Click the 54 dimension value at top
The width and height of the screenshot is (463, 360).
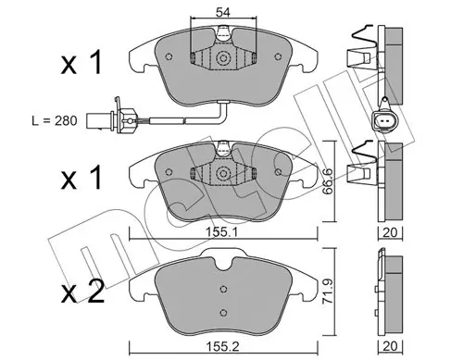[223, 12]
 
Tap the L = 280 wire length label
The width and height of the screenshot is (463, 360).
[55, 120]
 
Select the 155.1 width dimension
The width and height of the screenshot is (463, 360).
[221, 232]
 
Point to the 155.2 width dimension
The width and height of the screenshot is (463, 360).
[222, 346]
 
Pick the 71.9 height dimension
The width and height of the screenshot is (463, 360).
[328, 291]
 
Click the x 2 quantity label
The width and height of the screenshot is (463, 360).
[82, 292]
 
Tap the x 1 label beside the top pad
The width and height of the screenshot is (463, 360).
[81, 63]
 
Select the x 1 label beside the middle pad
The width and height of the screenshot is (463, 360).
[81, 178]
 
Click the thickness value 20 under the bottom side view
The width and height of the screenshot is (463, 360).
[390, 346]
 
